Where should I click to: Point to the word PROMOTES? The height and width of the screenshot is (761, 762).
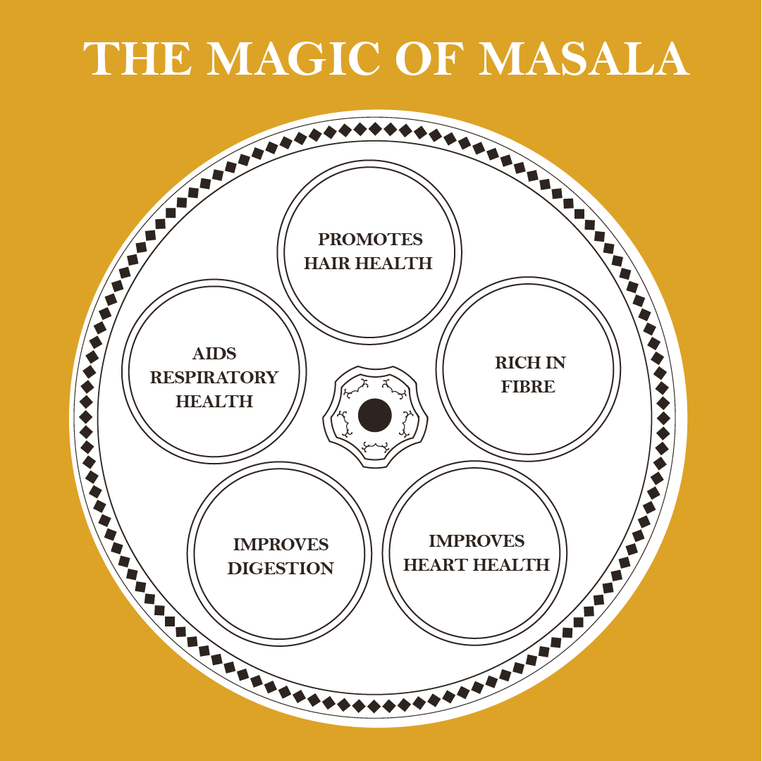tap(370, 240)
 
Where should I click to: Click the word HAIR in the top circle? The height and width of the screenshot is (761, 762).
tap(327, 264)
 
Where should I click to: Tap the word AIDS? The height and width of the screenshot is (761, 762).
tap(214, 353)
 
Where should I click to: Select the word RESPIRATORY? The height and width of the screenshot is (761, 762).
tap(214, 377)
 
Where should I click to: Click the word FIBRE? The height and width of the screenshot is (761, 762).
tap(528, 387)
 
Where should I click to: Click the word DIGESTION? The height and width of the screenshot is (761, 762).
tap(281, 569)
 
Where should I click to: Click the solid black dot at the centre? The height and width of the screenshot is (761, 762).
tap(374, 415)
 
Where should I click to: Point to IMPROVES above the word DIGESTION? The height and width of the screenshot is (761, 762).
tap(281, 545)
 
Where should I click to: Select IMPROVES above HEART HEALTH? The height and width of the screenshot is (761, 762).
tap(477, 541)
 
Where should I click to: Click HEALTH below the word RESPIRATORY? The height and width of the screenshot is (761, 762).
tap(214, 402)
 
